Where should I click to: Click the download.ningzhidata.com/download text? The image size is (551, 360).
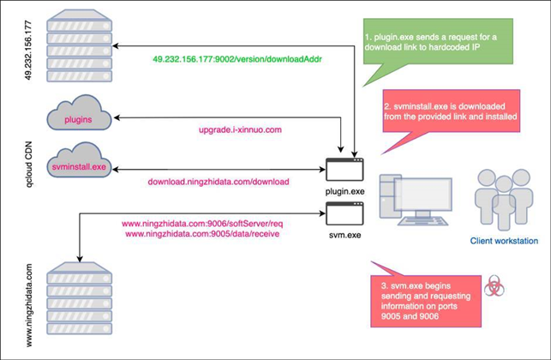click(x=219, y=182)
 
